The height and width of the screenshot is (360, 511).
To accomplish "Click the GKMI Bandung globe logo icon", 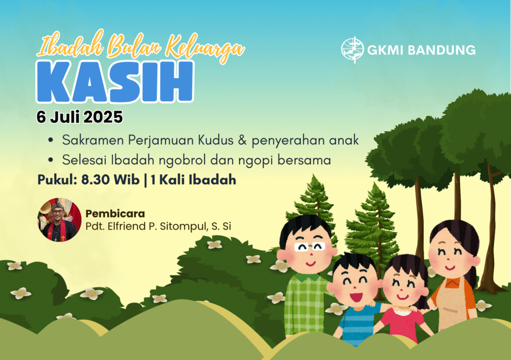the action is (352, 50).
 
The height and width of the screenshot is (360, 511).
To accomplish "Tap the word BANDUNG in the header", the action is (442, 50).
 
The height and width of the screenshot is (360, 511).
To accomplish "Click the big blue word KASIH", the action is (115, 81).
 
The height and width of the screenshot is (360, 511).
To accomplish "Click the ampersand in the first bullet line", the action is (242, 140).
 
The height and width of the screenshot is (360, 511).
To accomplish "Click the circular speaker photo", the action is (59, 220).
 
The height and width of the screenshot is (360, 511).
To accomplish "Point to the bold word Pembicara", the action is (115, 214).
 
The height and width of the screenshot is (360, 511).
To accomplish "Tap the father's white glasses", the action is (309, 247).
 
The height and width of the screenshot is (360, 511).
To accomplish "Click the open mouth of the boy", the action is (356, 297).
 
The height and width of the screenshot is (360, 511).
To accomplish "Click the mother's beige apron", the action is (454, 305).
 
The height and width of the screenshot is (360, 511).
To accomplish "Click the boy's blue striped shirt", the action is (358, 324).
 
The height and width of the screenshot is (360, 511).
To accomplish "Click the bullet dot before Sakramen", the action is (50, 140).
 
